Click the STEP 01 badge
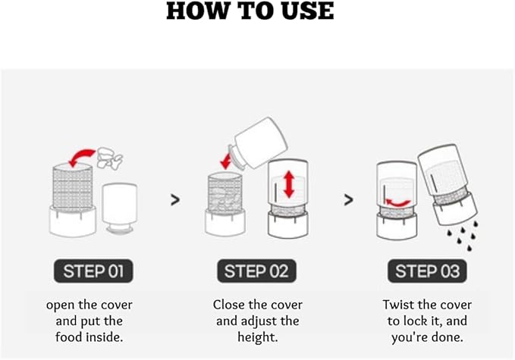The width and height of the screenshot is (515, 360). pyautogui.click(x=93, y=271)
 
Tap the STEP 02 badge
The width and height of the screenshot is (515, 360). pyautogui.click(x=256, y=271)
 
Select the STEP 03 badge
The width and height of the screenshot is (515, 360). pyautogui.click(x=427, y=271)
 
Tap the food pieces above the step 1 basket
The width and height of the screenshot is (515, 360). pyautogui.click(x=110, y=158)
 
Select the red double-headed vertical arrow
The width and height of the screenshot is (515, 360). pyautogui.click(x=289, y=184)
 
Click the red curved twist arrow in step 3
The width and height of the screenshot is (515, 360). pyautogui.click(x=397, y=203)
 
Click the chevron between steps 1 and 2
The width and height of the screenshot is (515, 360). pyautogui.click(x=175, y=199)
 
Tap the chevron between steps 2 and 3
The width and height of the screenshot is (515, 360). pyautogui.click(x=348, y=199)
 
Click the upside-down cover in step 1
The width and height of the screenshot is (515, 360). pyautogui.click(x=120, y=208)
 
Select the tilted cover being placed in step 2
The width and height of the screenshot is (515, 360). pyautogui.click(x=258, y=143)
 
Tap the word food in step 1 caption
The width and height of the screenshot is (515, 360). pyautogui.click(x=69, y=337)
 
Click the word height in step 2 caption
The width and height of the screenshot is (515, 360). pyautogui.click(x=258, y=337)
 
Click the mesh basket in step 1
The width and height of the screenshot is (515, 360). pyautogui.click(x=73, y=186)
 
